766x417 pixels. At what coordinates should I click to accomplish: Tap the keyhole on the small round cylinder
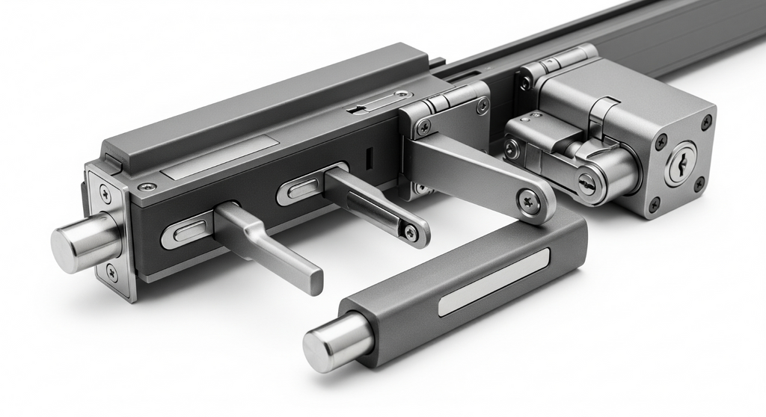click(x=587, y=182)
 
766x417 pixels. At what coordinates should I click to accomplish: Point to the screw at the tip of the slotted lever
click(x=410, y=233)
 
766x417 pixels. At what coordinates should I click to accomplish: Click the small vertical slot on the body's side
click(x=369, y=159)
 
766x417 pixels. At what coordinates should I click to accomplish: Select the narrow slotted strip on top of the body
click(x=379, y=102)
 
